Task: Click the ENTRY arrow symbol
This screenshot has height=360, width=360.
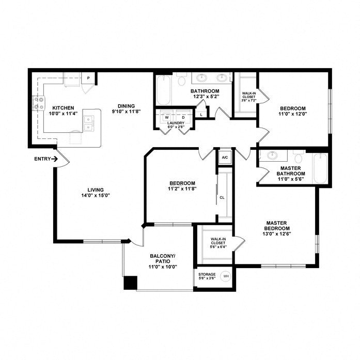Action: click(x=55, y=159)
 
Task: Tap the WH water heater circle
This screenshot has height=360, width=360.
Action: click(x=226, y=276)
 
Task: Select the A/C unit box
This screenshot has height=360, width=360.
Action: click(x=225, y=158)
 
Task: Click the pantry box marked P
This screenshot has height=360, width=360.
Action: click(x=88, y=78)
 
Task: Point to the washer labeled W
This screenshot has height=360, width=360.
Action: click(x=167, y=117)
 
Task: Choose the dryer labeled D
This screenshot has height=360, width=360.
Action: click(x=183, y=117)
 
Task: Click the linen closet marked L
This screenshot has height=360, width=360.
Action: click(x=201, y=115)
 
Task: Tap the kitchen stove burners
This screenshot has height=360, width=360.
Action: click(x=39, y=103)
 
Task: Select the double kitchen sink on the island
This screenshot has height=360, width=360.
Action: click(x=89, y=123)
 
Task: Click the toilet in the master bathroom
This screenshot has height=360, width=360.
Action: click(x=299, y=156)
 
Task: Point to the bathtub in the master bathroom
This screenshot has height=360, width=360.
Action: click(x=321, y=168)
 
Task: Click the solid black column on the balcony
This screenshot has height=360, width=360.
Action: click(x=130, y=283)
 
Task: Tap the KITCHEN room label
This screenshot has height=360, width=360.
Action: click(x=63, y=107)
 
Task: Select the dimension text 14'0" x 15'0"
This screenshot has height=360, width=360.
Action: click(x=96, y=195)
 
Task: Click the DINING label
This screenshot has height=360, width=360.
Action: click(x=126, y=106)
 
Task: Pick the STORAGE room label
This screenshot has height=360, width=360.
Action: click(x=207, y=274)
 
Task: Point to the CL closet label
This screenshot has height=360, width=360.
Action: click(x=222, y=197)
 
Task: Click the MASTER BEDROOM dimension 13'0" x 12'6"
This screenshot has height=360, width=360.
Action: click(x=276, y=234)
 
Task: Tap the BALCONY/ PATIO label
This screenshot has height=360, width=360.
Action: click(x=163, y=259)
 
